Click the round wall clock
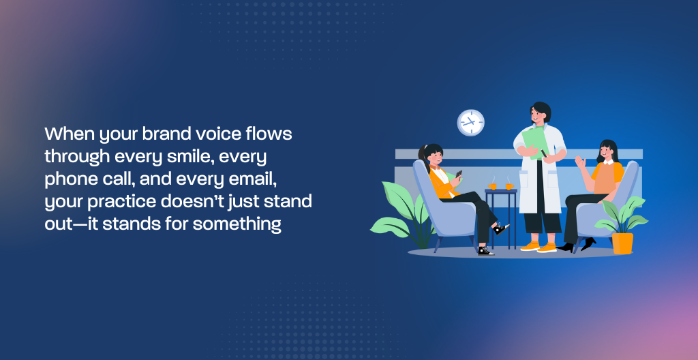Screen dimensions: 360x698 [x=470, y=123]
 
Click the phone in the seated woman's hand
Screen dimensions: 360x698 [x=459, y=174]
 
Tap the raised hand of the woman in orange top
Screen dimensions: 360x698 [x=579, y=161]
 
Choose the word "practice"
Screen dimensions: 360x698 [x=130, y=202]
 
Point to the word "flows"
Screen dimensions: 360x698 [x=271, y=134]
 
